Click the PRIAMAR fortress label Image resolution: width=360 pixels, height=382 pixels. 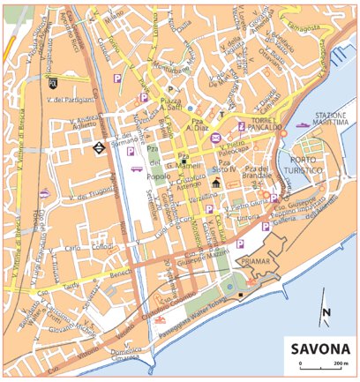click(253, 262)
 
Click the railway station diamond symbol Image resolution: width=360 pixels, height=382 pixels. click(96, 148)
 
